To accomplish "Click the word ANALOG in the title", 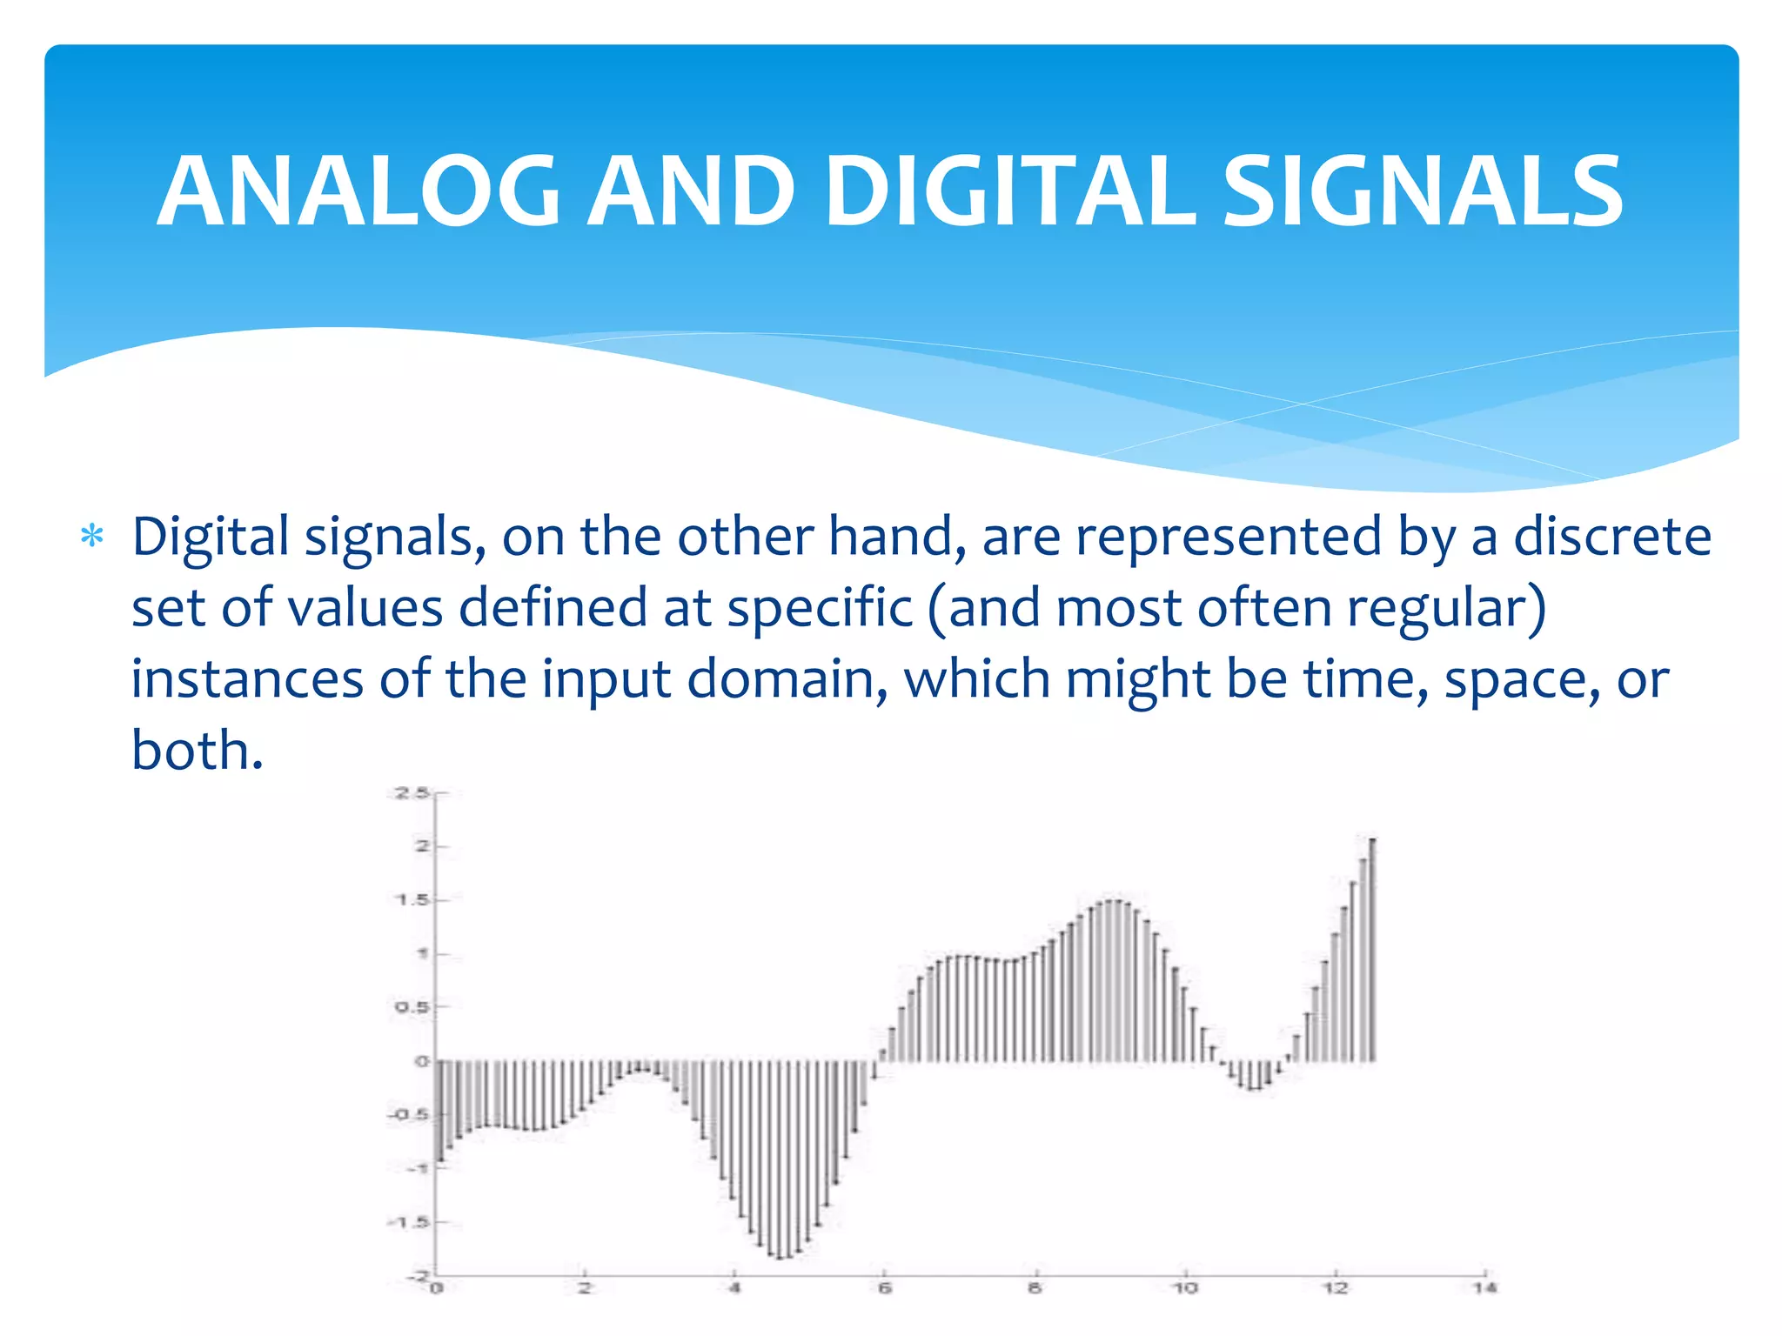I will (358, 191).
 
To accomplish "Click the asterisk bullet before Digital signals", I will (91, 538).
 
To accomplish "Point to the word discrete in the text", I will (1612, 537).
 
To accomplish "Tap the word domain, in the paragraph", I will (787, 679).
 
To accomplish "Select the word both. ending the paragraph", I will (197, 750).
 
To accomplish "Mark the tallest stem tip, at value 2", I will (1372, 840).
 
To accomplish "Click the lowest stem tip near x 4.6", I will (780, 1258).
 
